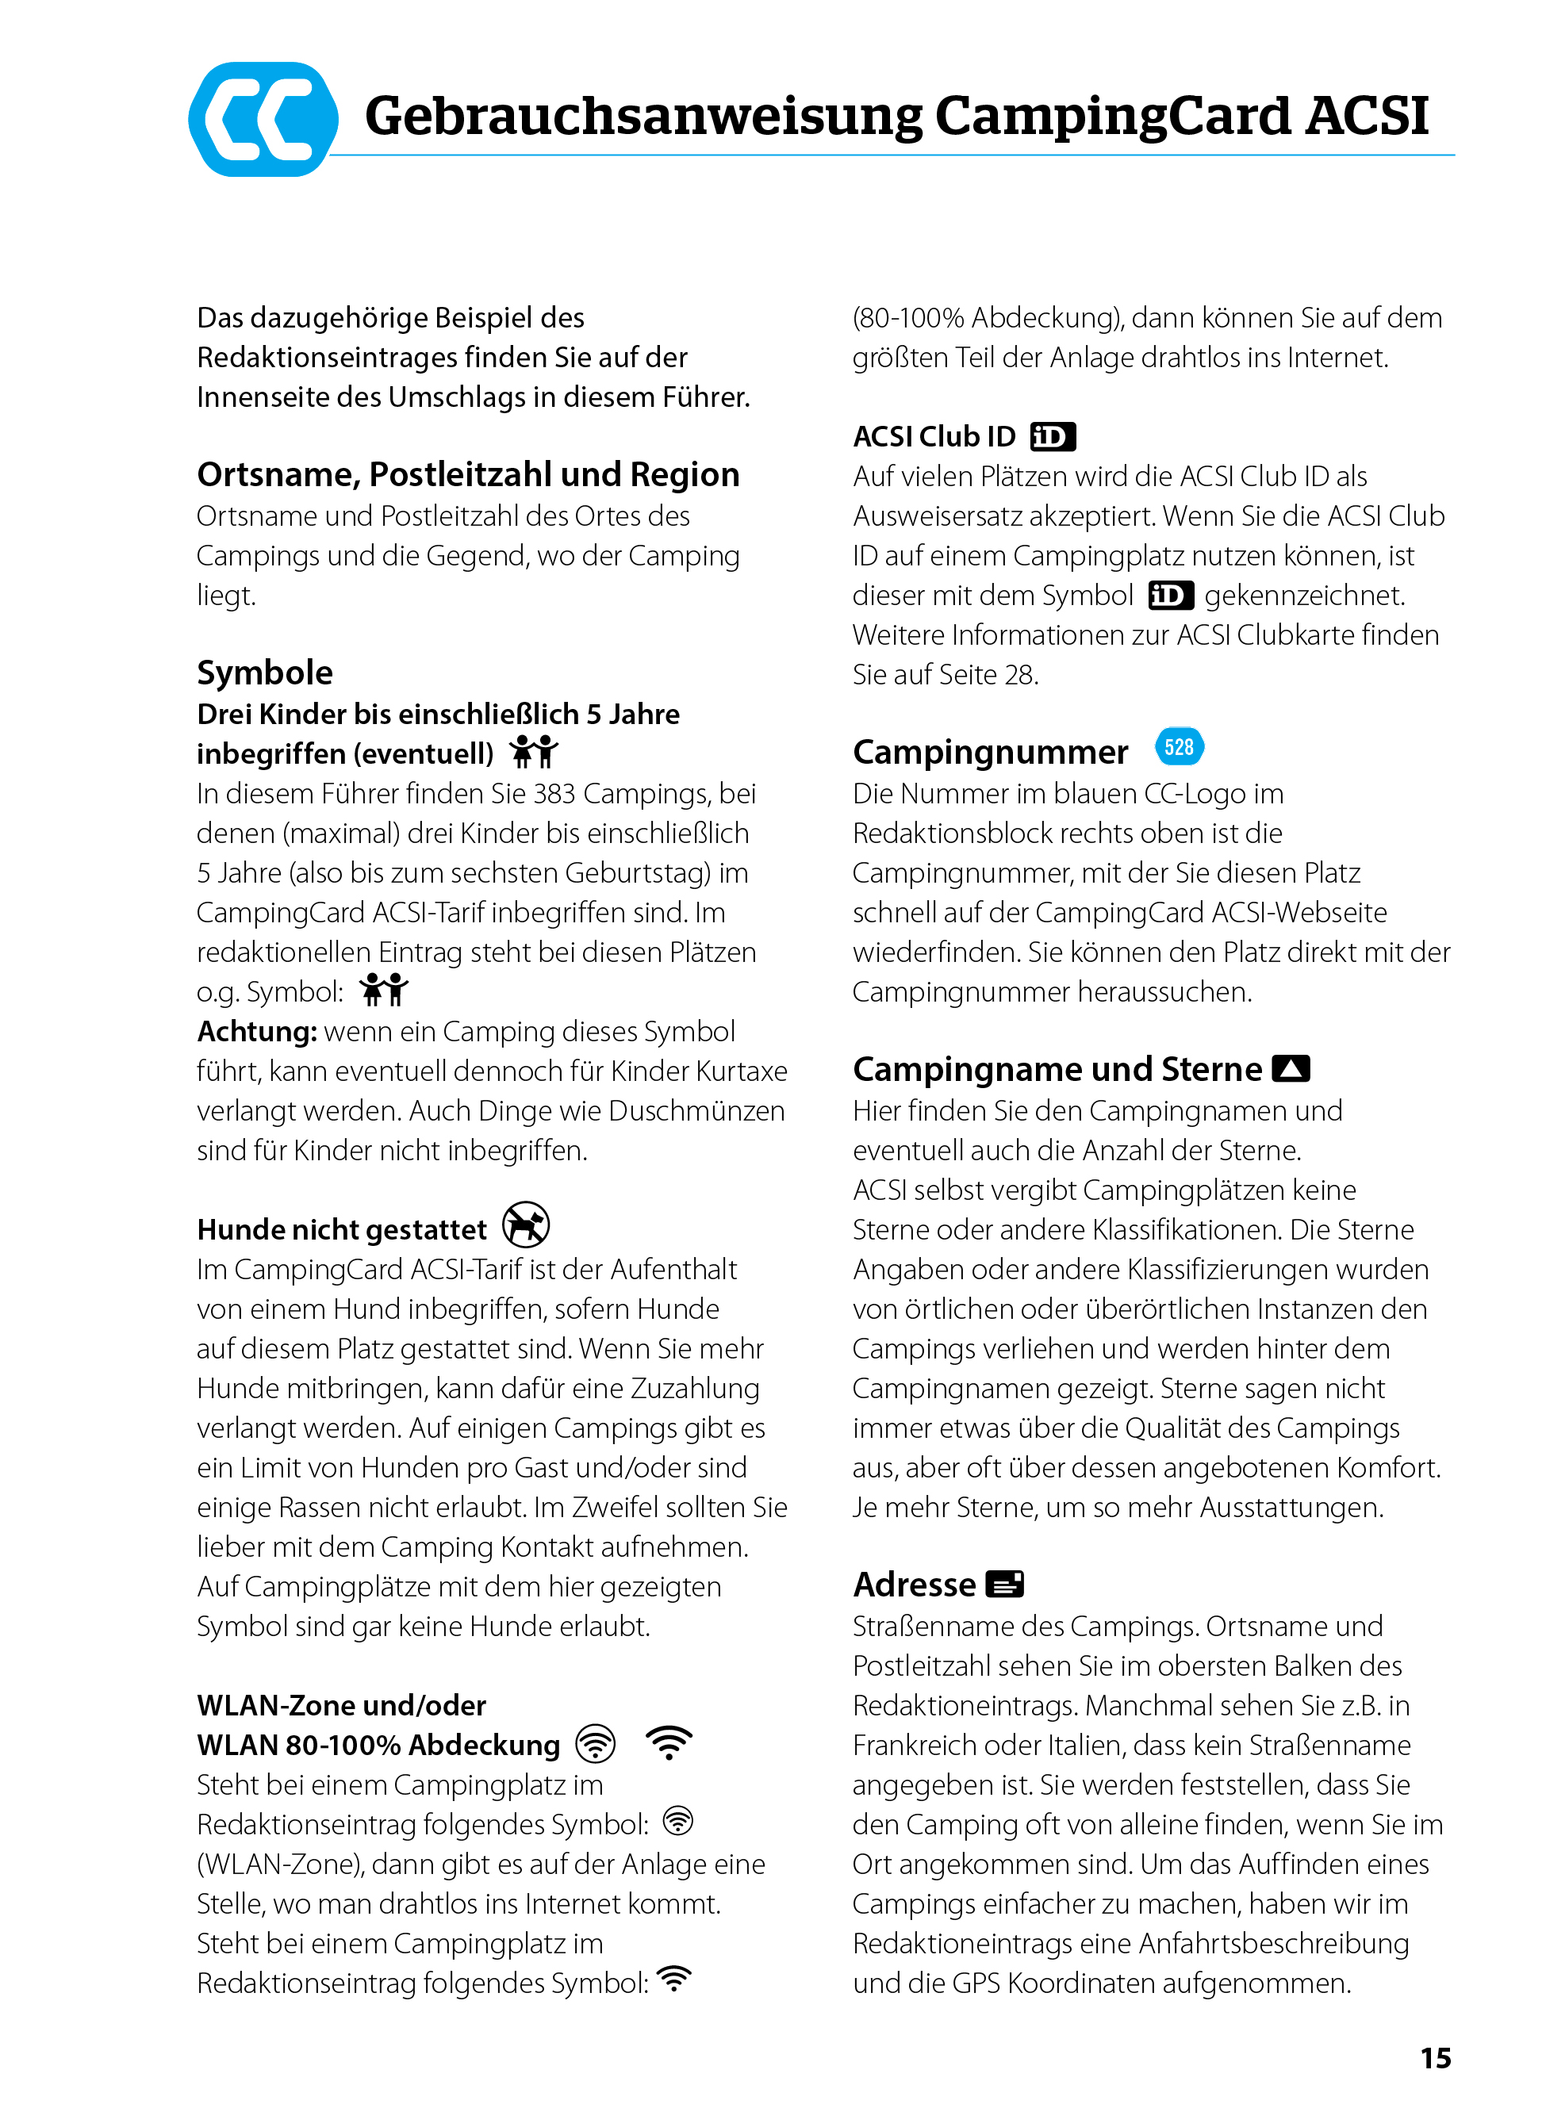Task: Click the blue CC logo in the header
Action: coord(263,119)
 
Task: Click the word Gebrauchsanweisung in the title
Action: coord(643,116)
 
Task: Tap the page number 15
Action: coord(1435,2057)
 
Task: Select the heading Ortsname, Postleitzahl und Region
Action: coord(468,474)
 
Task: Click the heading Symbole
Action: coord(265,673)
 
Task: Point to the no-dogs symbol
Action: coord(526,1225)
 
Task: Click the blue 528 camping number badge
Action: coord(1180,746)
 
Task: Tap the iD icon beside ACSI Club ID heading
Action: coord(1052,436)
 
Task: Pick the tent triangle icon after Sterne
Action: coord(1291,1068)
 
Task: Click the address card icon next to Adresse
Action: coord(1005,1584)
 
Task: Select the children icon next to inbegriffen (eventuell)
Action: coord(533,751)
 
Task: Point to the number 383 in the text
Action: coord(554,793)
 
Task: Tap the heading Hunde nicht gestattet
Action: coord(342,1229)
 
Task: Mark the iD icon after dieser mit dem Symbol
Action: coord(1171,595)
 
